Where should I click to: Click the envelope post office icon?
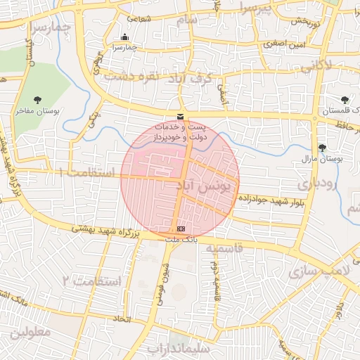(x=181, y=116)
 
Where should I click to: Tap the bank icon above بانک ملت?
(x=181, y=229)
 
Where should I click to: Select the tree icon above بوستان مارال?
(x=322, y=148)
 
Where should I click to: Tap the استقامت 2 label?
(x=91, y=281)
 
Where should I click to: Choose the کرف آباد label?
(x=189, y=79)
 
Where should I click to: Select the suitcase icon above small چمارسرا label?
(x=124, y=37)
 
